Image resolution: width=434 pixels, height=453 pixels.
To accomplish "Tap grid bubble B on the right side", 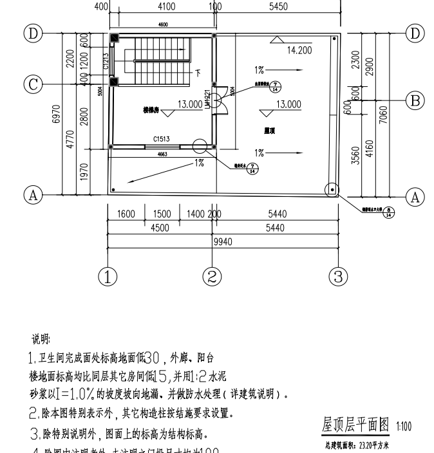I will pos(415,99).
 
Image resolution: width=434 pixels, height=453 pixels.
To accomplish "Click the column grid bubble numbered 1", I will pos(108,277).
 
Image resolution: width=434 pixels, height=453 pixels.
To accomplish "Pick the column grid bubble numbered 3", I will pos(338,277).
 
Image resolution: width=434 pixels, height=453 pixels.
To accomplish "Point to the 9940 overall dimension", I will pos(223,242).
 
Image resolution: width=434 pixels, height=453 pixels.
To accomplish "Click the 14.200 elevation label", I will pos(299,50).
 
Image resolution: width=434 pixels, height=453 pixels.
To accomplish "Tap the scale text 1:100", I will pos(404,426).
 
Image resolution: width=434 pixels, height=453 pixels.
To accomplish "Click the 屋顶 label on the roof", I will pos(270,130).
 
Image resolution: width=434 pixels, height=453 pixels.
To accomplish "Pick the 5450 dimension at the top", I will pos(278,6).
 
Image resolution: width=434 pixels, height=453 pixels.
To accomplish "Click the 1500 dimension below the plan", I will pos(162,214).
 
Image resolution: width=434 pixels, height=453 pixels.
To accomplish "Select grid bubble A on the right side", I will pos(415,197).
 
